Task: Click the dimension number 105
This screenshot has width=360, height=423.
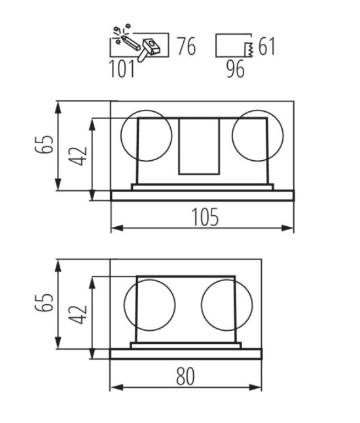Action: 205,217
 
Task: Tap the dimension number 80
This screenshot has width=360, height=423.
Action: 185,376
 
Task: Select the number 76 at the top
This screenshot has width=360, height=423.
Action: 187,46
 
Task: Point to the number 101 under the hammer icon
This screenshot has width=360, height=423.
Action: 122,69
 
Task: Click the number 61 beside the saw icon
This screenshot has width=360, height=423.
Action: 267,46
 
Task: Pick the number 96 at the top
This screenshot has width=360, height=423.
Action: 236,69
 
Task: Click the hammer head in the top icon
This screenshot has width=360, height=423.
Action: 151,46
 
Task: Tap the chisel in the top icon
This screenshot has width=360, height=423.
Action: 131,42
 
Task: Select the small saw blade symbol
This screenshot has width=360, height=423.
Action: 249,50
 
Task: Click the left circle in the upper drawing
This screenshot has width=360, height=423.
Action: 121,136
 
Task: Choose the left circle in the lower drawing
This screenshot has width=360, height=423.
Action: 124,305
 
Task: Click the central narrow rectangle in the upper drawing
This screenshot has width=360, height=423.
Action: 179,146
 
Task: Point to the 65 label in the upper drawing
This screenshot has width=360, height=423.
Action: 45,144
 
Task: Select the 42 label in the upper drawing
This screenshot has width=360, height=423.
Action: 78,156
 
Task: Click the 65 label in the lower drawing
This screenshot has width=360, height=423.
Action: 45,303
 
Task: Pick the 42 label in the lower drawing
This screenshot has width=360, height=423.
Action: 78,314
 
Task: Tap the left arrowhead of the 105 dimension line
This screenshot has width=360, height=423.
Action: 117,228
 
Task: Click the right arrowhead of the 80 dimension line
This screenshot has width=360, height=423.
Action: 255,388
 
